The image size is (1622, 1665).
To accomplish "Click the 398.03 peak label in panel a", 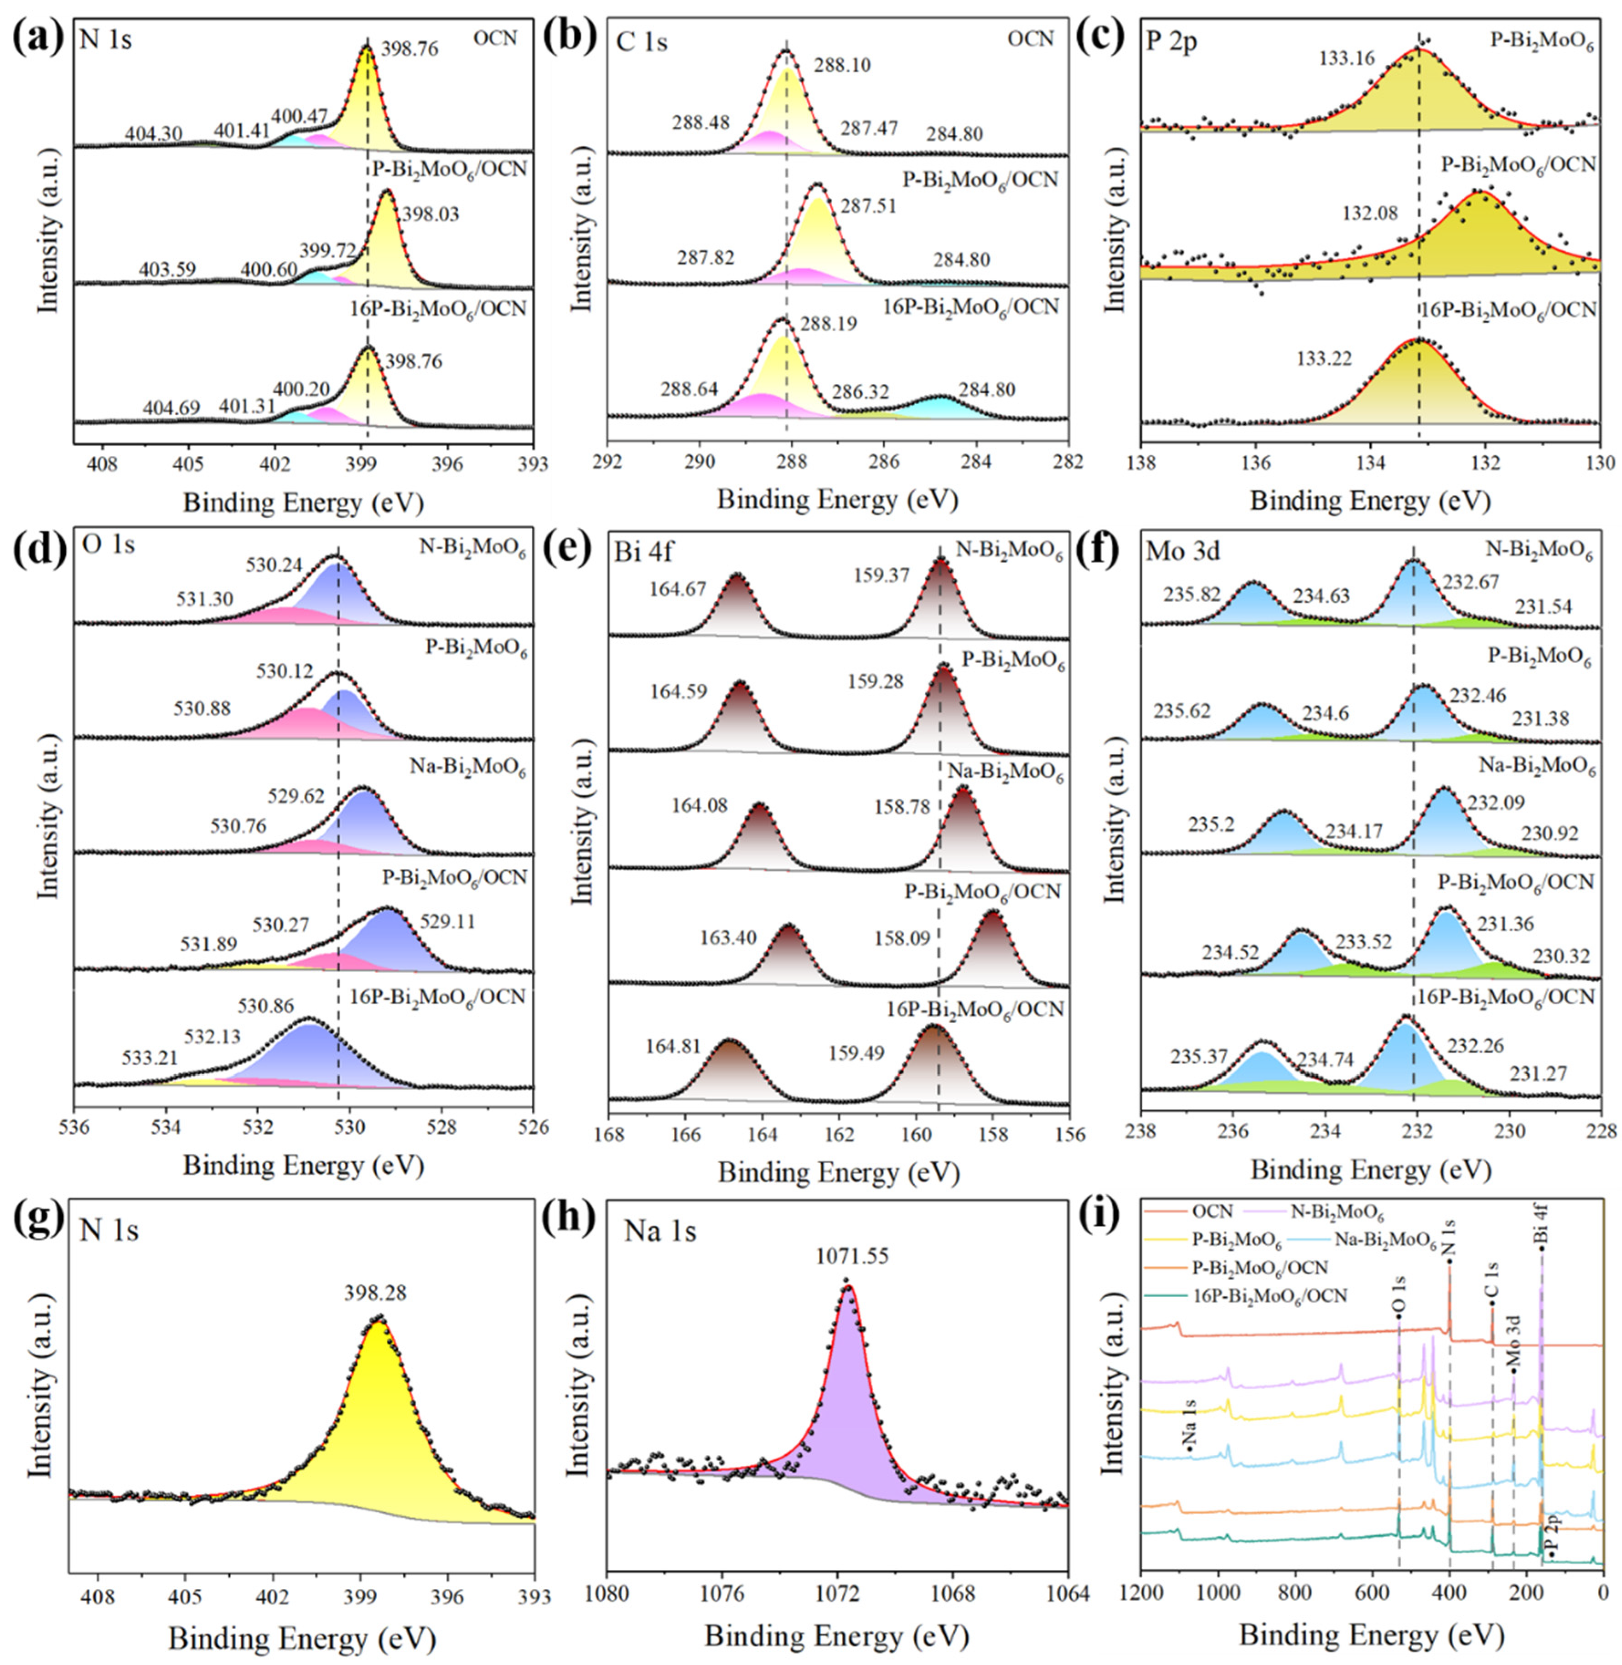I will click(430, 214).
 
